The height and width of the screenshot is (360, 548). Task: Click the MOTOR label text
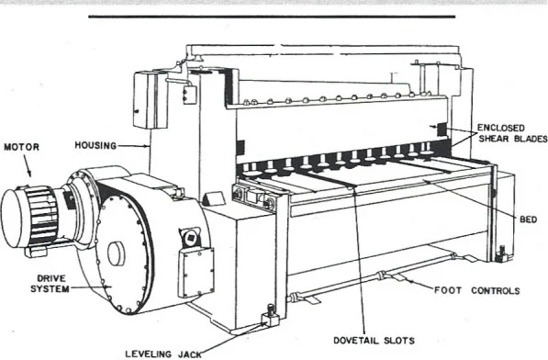point(22,145)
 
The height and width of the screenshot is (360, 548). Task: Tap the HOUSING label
point(95,144)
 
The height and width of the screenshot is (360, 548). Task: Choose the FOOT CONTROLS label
point(476,290)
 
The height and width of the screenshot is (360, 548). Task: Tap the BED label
point(530,219)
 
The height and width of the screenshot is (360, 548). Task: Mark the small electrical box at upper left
point(144,99)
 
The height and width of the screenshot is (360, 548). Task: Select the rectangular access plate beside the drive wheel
point(196,272)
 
